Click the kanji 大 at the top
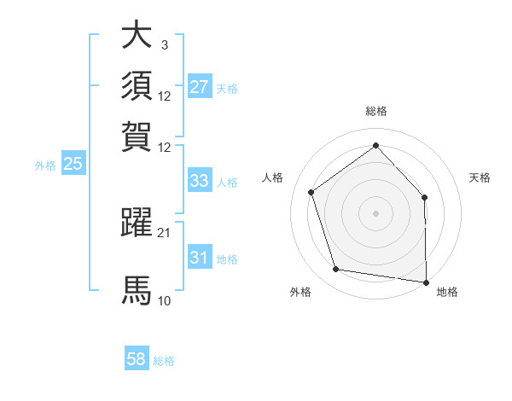137,36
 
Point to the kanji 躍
137,222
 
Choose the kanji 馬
137,290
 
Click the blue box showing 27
199,87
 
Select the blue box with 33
199,181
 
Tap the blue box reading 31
199,258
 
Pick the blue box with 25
73,165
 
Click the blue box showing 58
137,359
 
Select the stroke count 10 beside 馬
165,301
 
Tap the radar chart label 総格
375,112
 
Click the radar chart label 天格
480,177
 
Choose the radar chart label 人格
272,177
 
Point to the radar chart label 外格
300,292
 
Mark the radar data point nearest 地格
426,281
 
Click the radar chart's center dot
375,212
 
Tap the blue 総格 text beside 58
164,361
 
